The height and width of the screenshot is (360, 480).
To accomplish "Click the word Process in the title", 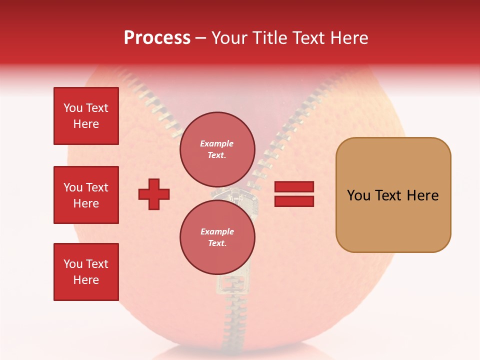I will pos(157,38).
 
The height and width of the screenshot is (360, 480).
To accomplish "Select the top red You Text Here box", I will pos(86,116).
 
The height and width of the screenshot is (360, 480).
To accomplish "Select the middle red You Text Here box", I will pos(86,195).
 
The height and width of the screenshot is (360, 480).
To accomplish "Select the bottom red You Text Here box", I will pos(86,272).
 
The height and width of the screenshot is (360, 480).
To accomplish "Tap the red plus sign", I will pos(154,193).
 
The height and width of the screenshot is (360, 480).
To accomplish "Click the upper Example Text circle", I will pos(217,149).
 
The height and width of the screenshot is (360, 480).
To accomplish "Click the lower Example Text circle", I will pos(217,237).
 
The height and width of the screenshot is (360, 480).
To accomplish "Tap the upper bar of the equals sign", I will pos(294,186).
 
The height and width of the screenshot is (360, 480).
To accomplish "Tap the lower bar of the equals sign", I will pos(294,201).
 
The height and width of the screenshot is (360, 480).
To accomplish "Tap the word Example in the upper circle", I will pos(217,143).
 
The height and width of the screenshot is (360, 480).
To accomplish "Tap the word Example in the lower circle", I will pos(217,231).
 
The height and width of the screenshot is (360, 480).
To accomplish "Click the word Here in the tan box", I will pos(422,195).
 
